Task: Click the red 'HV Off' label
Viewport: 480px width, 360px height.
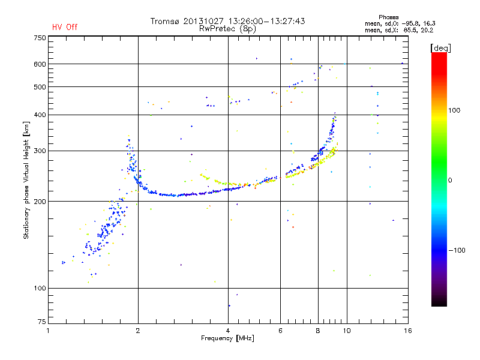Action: click(65, 27)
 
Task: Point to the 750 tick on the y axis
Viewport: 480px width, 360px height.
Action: click(40, 38)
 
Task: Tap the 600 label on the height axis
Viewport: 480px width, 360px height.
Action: click(40, 64)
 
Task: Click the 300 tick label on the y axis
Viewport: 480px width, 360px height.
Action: click(40, 151)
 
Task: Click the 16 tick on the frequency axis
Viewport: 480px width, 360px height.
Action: click(407, 330)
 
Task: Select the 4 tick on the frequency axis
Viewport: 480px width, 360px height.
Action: click(228, 330)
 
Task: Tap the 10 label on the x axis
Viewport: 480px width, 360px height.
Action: click(346, 330)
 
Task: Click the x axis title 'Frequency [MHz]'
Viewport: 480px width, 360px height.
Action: click(227, 339)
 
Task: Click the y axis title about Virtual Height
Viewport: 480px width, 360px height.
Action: click(26, 179)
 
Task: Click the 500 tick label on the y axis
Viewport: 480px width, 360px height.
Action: click(40, 87)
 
